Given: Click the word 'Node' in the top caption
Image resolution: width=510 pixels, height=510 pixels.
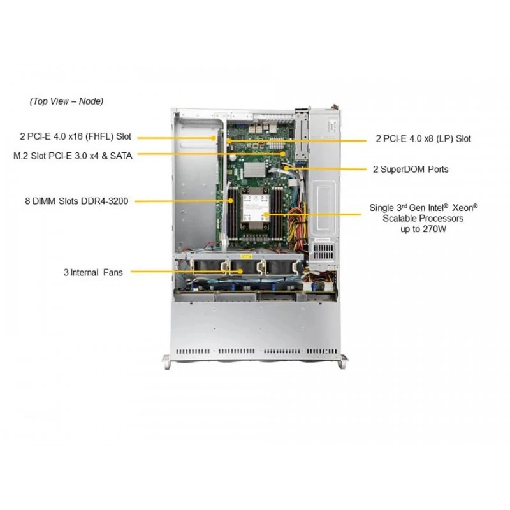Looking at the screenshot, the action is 91,101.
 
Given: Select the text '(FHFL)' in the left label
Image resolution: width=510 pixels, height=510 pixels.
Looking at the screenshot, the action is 99,136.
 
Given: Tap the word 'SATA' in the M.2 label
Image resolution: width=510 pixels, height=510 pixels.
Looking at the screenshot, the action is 121,156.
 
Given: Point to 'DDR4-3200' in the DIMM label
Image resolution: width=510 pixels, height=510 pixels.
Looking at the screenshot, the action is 105,201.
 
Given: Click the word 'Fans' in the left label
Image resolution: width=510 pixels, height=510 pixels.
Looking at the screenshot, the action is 113,272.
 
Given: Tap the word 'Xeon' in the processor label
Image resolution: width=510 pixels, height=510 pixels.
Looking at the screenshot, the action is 465,208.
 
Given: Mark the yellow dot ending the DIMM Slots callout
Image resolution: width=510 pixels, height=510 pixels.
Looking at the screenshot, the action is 231,201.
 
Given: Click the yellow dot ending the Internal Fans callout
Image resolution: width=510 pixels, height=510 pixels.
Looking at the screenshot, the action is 241,272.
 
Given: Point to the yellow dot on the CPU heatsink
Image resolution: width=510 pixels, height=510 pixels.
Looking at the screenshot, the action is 266,214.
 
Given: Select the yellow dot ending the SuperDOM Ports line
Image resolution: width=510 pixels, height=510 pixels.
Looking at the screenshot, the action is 286,168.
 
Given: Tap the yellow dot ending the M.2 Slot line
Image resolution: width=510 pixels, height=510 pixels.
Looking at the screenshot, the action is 283,154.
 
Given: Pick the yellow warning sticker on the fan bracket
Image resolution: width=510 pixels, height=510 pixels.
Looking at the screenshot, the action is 246,257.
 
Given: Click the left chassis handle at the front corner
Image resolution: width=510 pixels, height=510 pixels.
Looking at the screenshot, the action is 167,361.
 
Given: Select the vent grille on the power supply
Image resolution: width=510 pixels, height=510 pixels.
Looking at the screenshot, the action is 323,251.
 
